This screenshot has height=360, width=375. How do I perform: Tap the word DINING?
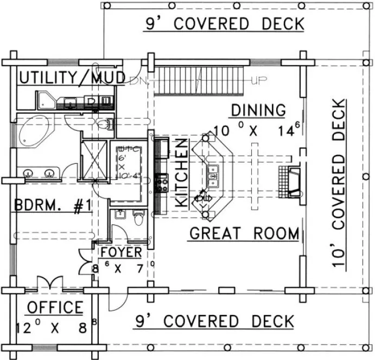(258, 110)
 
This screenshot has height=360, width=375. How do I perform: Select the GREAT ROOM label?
(244, 234)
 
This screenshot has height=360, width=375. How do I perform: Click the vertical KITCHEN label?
(183, 172)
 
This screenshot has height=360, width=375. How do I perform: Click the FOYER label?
(122, 252)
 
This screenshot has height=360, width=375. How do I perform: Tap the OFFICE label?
(55, 307)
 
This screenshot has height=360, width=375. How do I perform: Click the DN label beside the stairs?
(136, 81)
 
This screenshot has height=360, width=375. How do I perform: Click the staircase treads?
(201, 80)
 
